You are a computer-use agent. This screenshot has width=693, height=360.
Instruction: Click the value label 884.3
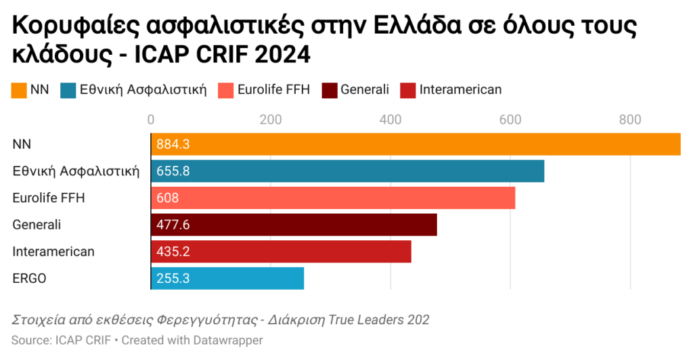[173, 144]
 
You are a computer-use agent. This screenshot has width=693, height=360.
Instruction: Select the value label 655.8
[173, 171]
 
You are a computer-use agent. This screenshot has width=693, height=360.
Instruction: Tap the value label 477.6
[173, 225]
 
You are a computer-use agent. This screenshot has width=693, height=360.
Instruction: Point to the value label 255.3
[173, 278]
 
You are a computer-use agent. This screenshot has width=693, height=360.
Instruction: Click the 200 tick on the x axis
[271, 120]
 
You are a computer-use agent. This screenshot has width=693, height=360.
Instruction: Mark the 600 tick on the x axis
[510, 120]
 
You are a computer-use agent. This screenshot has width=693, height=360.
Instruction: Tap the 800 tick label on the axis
[630, 120]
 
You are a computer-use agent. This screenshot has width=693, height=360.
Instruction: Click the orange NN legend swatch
[19, 90]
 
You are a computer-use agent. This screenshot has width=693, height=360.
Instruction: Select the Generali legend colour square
[330, 90]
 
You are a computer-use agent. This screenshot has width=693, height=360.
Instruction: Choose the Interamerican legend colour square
[408, 90]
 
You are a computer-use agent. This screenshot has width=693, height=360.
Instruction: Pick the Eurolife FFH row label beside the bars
[50, 198]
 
